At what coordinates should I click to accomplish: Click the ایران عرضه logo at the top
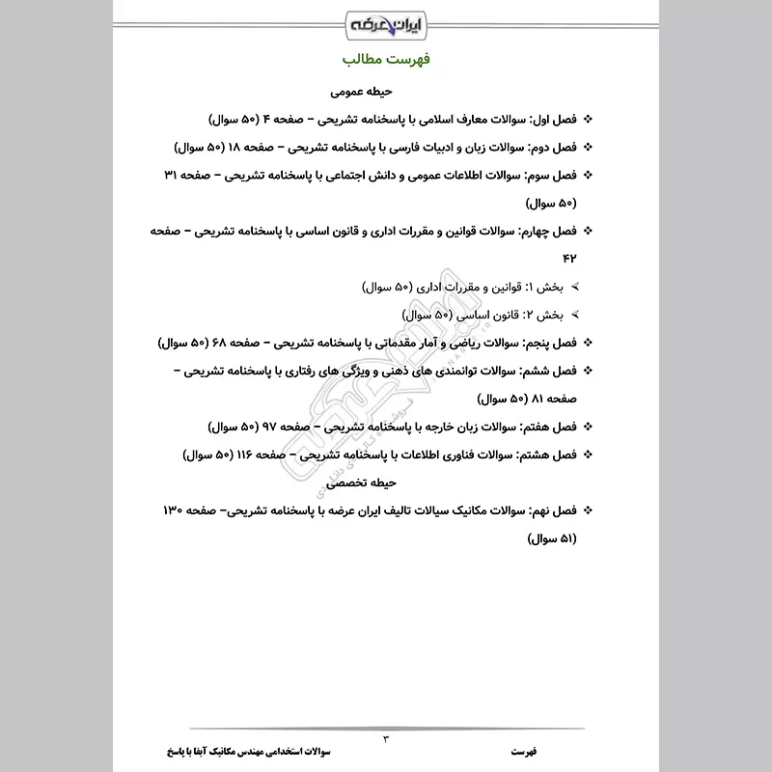(385, 22)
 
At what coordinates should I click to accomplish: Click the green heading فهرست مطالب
(385, 60)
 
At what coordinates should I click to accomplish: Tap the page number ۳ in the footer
(387, 738)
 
